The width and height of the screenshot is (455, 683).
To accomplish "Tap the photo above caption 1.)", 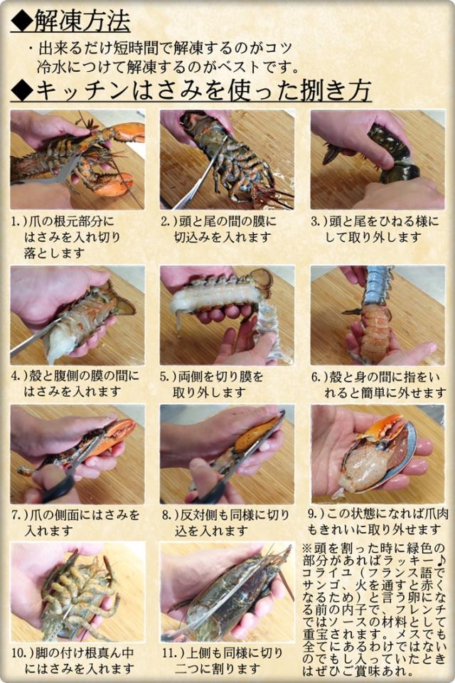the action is click(77, 159).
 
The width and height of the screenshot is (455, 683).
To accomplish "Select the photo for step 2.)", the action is click(227, 159).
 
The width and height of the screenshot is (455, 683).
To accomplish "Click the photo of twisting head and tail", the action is click(378, 159).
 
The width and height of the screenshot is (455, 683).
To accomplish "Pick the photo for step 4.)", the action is click(77, 315).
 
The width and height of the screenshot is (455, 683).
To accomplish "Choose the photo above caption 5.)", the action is click(227, 315).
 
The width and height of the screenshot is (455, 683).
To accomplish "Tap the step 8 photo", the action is click(227, 455).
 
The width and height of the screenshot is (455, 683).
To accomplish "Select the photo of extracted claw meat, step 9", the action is click(378, 455).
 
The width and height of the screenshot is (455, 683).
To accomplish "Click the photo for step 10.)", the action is click(77, 591).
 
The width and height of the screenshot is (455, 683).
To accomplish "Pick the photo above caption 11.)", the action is click(227, 591).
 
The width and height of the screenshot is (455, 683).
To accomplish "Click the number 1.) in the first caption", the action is click(20, 222).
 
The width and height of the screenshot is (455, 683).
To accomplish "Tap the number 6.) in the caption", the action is click(320, 377).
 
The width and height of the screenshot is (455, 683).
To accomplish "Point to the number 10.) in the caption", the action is click(23, 653).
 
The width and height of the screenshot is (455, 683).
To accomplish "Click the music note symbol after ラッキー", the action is click(440, 559).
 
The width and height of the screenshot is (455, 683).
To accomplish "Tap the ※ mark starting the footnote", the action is click(307, 546).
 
